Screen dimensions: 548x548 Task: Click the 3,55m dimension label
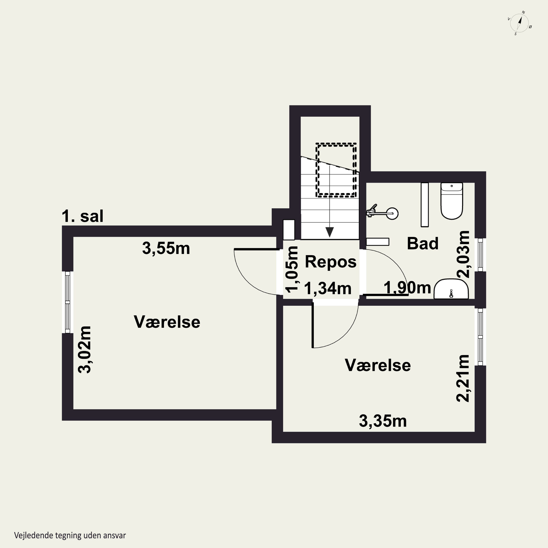[x=166, y=248]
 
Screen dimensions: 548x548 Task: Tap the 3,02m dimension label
[x=85, y=349]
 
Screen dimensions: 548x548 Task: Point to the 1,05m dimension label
[x=292, y=269]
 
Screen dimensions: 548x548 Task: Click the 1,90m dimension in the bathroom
[x=407, y=288]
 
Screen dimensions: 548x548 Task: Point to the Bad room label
[x=423, y=243]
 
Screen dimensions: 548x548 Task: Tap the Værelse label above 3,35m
[x=378, y=365]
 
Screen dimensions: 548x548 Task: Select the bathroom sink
[x=451, y=289]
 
